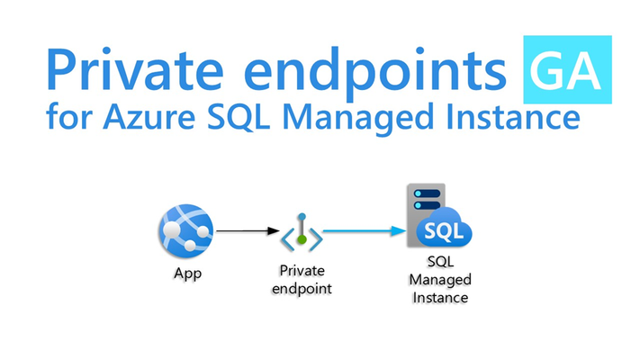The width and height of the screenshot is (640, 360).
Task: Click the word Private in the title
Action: click(136, 69)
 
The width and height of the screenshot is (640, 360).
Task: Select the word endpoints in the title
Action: click(375, 74)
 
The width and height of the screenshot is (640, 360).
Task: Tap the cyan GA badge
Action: click(567, 69)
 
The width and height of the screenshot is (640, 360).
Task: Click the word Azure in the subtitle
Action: click(149, 118)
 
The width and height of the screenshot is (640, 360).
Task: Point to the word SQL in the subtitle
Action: click(239, 118)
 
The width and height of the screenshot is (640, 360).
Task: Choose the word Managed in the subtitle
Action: click(357, 119)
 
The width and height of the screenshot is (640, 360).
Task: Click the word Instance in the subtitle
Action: click(513, 117)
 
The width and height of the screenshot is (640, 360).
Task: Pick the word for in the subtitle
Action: click(68, 117)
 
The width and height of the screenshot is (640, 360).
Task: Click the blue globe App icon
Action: click(186, 231)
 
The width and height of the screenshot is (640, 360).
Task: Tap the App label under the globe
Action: click(188, 273)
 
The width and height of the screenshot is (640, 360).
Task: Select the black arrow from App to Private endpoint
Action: click(248, 231)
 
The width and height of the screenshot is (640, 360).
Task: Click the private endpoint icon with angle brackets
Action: click(302, 233)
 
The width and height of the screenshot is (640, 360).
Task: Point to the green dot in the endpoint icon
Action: click(302, 239)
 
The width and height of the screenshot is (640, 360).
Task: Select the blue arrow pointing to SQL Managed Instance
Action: click(365, 231)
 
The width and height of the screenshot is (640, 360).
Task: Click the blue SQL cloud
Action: click(444, 228)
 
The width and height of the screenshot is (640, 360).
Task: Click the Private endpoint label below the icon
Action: click(302, 280)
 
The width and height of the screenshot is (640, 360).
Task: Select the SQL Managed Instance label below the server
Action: click(440, 280)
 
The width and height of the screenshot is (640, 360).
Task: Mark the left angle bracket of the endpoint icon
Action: click(288, 239)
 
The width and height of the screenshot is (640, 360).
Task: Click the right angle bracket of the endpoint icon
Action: click(316, 239)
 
